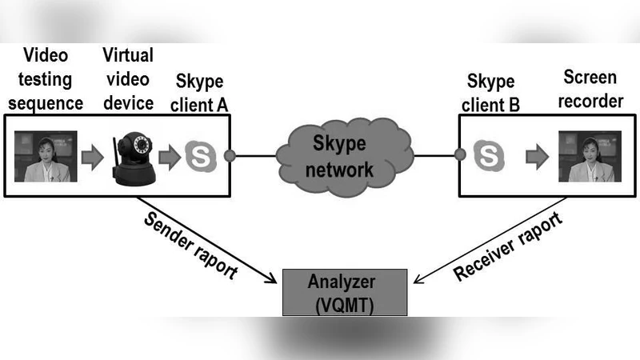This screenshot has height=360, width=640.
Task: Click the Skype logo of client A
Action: [x=200, y=157]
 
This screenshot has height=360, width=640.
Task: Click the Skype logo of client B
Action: [x=488, y=156]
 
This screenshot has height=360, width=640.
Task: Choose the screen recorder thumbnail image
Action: [x=589, y=157]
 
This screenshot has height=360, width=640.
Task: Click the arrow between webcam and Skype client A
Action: [x=169, y=157]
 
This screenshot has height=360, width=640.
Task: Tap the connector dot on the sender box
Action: [x=230, y=156]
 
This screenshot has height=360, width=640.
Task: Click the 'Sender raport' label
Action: [x=190, y=246]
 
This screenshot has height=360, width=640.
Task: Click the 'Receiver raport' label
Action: [x=507, y=247]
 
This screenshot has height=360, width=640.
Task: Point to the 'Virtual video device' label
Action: [x=128, y=79]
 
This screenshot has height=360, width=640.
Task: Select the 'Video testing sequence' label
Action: [x=46, y=79]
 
